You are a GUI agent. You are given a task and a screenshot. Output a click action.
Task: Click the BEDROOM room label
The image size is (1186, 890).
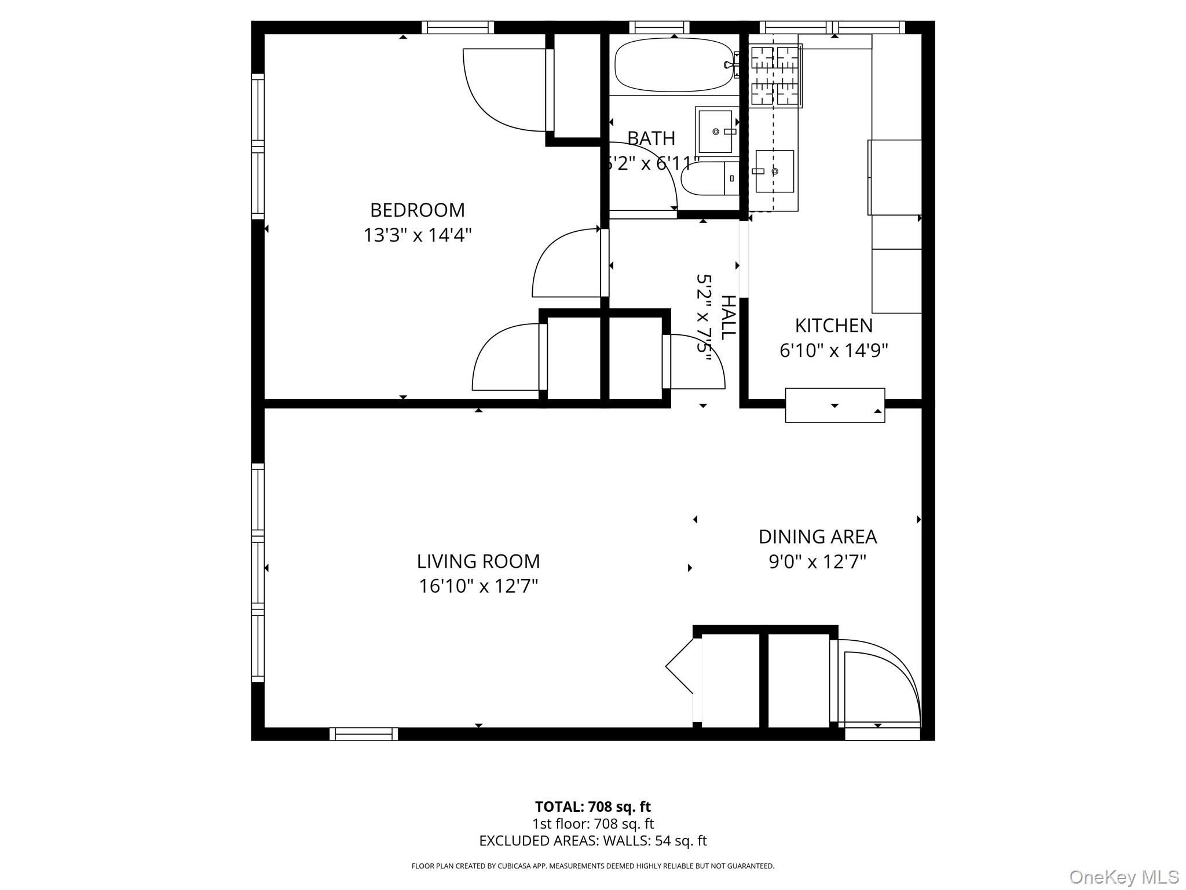(417, 210)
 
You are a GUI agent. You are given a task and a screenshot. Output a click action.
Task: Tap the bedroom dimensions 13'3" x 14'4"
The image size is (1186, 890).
(417, 235)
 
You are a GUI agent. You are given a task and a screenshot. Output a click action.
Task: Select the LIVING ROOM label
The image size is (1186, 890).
(478, 561)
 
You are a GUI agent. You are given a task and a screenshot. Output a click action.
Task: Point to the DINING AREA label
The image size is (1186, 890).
(817, 537)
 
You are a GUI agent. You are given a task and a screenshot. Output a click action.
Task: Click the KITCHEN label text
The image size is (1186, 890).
(833, 326)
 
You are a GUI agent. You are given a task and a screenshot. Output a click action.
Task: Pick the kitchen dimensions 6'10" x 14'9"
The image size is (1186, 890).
(833, 351)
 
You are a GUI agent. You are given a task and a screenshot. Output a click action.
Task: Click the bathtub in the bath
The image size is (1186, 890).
(673, 65)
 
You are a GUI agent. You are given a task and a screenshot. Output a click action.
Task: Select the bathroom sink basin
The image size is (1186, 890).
(716, 132)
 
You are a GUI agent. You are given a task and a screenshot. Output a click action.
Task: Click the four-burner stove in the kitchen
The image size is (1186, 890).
(775, 75)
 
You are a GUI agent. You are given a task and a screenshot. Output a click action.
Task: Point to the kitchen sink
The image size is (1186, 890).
(774, 172)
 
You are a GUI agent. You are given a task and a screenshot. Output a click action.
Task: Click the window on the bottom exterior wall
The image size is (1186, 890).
(364, 734)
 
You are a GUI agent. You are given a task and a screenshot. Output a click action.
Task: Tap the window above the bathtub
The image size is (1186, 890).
(659, 27)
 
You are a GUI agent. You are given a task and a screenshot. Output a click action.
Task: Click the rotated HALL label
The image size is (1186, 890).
(728, 317)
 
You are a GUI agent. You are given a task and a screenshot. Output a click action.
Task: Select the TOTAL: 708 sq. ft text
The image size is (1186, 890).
(592, 807)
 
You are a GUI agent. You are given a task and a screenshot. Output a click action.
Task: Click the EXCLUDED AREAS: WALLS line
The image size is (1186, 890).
(592, 841)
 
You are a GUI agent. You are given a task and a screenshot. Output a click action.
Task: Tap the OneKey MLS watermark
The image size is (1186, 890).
(1123, 877)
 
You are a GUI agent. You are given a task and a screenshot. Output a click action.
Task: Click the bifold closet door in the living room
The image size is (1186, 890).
(680, 666)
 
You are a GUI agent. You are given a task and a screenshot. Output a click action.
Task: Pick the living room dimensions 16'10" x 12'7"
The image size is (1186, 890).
(478, 586)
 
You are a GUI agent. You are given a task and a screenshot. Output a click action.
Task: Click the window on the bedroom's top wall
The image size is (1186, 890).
(457, 27)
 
